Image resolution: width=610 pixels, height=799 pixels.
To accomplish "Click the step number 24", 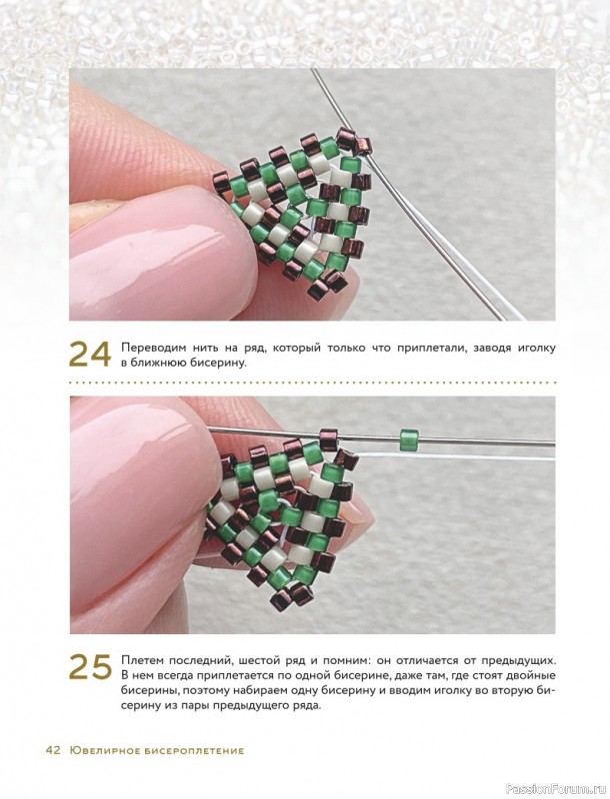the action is pyautogui.click(x=90, y=355).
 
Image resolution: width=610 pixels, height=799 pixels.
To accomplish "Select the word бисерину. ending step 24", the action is pyautogui.click(x=218, y=364).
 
